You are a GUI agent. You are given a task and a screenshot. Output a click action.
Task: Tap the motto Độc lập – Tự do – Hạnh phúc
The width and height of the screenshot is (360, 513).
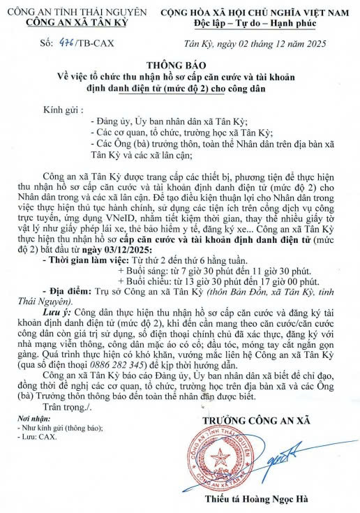(256, 24)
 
